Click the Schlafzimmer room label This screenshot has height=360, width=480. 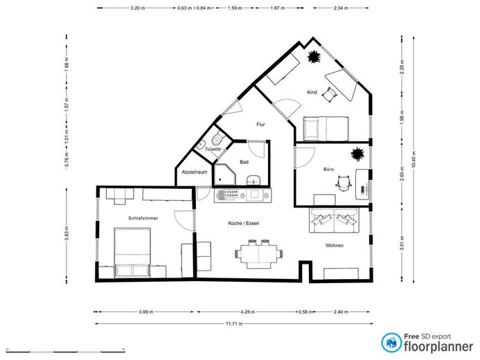click(x=143, y=217)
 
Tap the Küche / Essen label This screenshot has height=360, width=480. click(x=244, y=223)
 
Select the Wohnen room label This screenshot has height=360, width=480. click(x=335, y=245)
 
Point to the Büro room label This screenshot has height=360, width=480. click(x=329, y=170)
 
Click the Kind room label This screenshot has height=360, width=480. click(x=312, y=92)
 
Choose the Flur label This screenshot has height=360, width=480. click(x=261, y=125)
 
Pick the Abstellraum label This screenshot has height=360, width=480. click(x=194, y=172)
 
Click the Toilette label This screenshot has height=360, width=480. click(x=213, y=150)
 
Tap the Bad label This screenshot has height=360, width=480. click(x=244, y=162)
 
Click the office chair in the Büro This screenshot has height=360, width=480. click(x=343, y=183)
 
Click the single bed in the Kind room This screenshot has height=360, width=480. click(x=325, y=127)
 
